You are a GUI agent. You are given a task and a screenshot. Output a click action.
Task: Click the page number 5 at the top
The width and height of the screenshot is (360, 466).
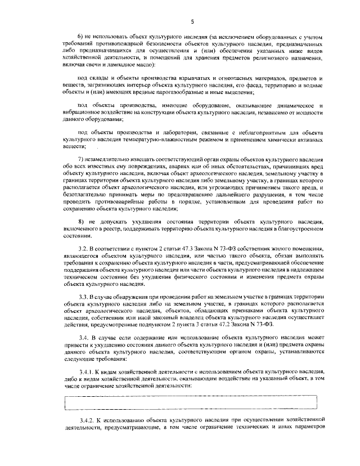pos(192,22)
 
